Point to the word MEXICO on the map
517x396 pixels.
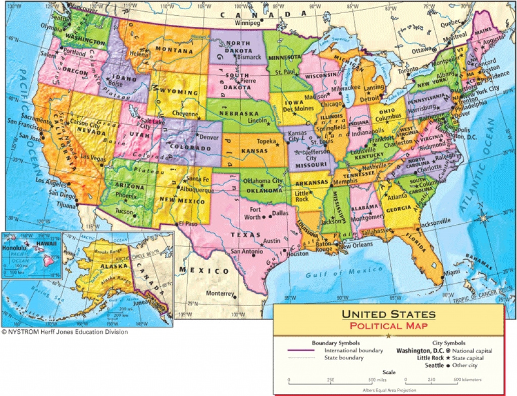tap(204, 271)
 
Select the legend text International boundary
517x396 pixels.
tap(353, 350)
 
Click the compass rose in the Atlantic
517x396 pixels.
tap(484, 218)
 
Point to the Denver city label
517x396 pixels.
tap(209, 137)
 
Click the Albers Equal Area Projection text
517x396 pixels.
tap(389, 389)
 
